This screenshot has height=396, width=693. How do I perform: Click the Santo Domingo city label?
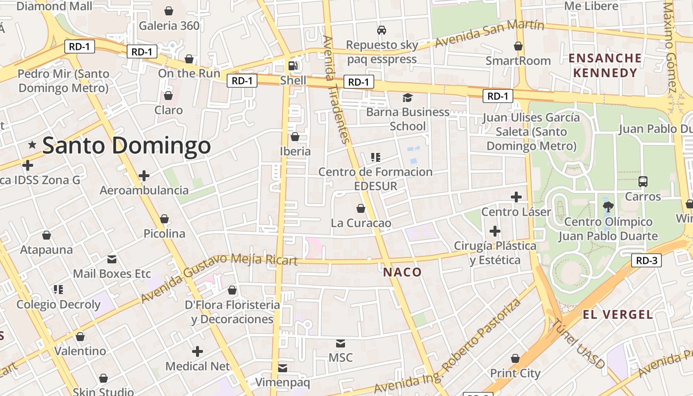pos(127,146)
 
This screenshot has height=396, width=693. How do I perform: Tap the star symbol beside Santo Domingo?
pos(32,145)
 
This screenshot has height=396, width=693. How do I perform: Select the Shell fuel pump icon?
pos(294,65)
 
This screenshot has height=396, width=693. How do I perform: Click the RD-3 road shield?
pos(646,260)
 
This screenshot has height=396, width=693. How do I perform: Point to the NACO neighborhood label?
pos(402,272)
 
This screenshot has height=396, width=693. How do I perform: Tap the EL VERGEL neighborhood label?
pos(618,314)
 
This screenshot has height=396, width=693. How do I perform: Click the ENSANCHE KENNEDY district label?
pos(605,65)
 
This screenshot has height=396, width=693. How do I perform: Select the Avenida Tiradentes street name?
pos(336,89)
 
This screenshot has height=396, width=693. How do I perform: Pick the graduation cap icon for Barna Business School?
pos(407,98)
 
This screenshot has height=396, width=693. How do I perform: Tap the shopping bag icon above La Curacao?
pos(361,208)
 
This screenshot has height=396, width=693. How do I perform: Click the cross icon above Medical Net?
pos(198,351)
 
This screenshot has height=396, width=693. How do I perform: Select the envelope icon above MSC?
pos(341,343)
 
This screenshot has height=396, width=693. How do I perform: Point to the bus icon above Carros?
pos(643,182)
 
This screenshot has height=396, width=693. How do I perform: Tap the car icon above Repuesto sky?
pos(382,30)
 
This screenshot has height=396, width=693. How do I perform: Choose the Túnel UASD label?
pos(578,344)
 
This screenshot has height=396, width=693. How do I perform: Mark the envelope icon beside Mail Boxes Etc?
pos(112,259)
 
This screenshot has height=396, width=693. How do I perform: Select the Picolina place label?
pos(164,234)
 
